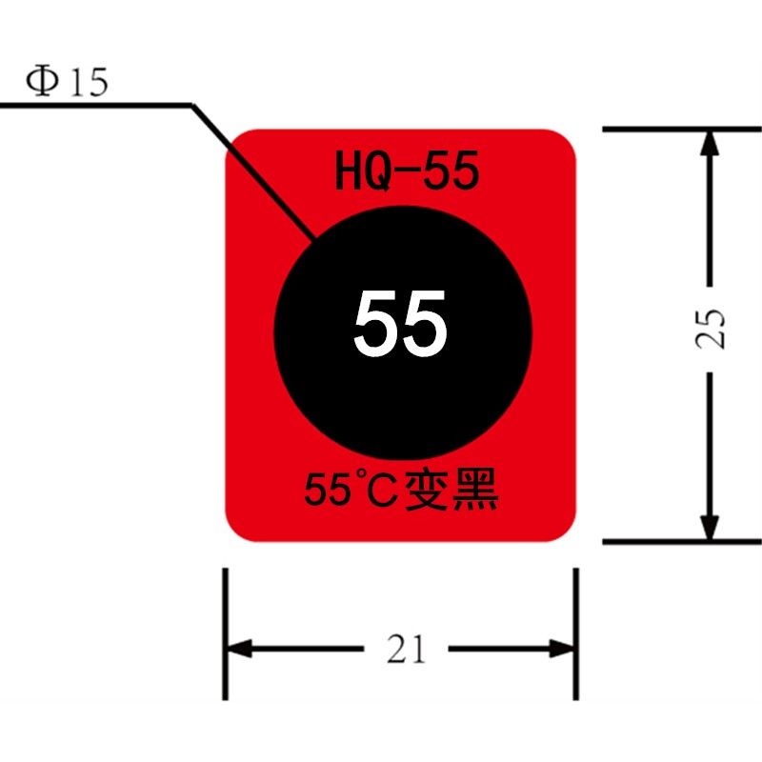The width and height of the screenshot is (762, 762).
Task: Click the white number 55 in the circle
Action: pos(400,323)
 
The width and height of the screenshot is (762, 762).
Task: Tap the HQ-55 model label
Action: pos(408,170)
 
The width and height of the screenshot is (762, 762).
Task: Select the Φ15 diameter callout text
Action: pos(67,82)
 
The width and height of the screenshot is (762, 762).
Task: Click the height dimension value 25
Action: pos(710,329)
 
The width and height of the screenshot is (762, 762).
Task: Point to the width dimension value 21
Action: pos(407,649)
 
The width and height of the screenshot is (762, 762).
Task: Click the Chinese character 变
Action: pos(426,489)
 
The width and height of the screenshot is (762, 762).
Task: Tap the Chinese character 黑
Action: pos(475,489)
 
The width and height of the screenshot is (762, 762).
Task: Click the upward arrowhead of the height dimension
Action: pos(710,144)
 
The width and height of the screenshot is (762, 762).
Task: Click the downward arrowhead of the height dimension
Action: pos(710,527)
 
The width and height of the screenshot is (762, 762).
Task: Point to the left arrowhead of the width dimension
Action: pos(240,649)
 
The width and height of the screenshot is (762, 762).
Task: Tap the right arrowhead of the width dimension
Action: pos(562,649)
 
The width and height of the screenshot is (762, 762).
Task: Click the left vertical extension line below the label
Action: pos(225,634)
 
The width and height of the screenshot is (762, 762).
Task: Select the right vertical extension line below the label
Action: pos(576,634)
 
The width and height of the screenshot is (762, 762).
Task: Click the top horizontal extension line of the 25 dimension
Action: pos(682,130)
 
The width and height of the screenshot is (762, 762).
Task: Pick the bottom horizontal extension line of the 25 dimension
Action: pos(682,541)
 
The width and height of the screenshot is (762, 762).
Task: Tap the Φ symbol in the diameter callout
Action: pos(42,82)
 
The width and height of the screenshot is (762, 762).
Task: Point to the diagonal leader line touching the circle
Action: pos(254,171)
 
